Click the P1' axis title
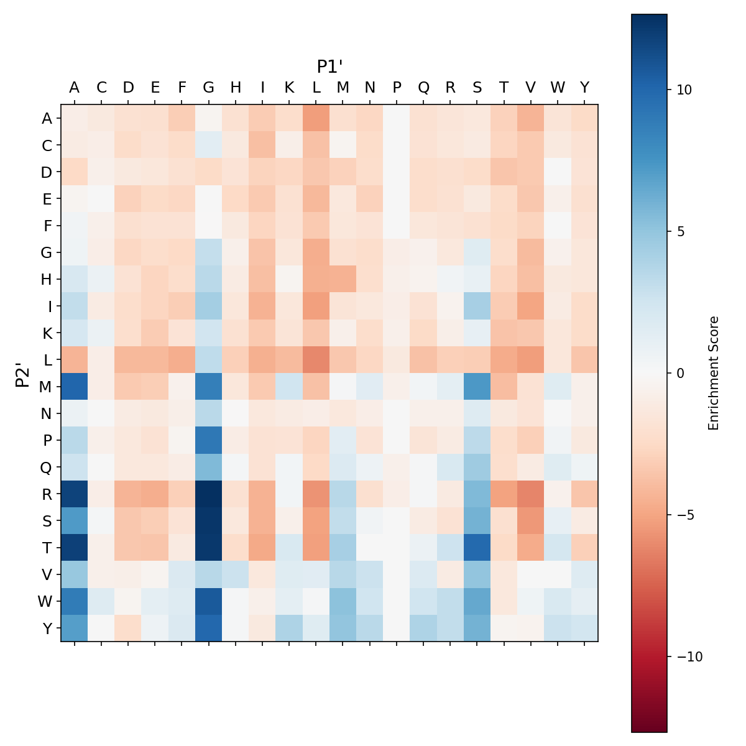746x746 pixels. tap(330, 67)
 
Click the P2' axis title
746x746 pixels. tap(23, 373)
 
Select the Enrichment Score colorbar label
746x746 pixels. tap(714, 373)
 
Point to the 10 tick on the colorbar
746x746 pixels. tap(679, 90)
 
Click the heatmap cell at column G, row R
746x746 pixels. tap(208, 494)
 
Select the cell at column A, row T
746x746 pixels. tap(74, 547)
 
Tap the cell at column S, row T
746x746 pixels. tap(477, 547)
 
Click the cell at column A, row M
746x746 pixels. tap(74, 386)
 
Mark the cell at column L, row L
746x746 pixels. tap(316, 359)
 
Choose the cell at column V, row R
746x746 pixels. tap(530, 494)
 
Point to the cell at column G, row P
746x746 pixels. tap(208, 440)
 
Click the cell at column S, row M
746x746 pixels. tap(477, 386)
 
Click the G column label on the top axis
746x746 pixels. tap(208, 88)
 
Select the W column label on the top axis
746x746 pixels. tap(558, 88)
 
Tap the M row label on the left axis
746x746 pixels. tap(46, 387)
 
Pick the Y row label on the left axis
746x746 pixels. tap(47, 628)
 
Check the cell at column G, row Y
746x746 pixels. tap(208, 628)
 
